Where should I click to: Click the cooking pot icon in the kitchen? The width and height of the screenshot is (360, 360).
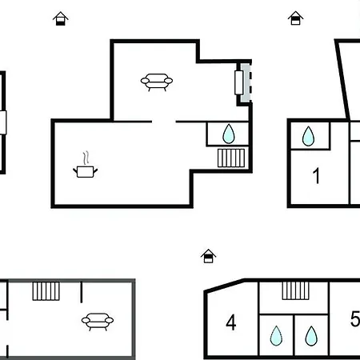pos(86,171)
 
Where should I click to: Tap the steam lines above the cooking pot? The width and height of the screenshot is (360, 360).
pos(86,158)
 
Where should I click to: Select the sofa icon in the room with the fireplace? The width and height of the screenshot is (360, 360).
pos(157,82)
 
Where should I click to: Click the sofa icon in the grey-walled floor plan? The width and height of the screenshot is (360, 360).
pos(98,322)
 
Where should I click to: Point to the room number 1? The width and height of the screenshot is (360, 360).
pos(316,176)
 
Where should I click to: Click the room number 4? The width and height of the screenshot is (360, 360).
pos(231,322)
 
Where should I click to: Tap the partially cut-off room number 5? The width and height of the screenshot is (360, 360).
pos(355,318)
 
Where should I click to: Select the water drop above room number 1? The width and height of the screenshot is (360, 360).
pos(308,136)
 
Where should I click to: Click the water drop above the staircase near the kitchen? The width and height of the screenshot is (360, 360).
pos(229,134)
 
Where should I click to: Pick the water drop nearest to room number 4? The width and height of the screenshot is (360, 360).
pos(276,336)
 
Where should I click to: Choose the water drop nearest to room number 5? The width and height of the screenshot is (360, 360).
pos(311,336)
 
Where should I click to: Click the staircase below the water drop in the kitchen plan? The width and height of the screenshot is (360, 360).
pos(231,158)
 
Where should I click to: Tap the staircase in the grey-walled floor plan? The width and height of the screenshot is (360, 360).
pos(46,291)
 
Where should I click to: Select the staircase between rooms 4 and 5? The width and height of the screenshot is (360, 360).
pos(296,290)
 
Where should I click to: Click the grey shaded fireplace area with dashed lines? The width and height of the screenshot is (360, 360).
pos(246,82)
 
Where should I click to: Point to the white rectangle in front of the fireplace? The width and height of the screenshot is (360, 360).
pos(239,82)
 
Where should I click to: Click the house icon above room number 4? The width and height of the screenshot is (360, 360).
pos(209,256)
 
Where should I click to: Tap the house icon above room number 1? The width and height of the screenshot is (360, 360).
pos(296,18)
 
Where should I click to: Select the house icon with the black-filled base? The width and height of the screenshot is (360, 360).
pos(61,18)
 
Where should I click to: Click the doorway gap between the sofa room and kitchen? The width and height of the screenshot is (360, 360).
pos(164,122)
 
